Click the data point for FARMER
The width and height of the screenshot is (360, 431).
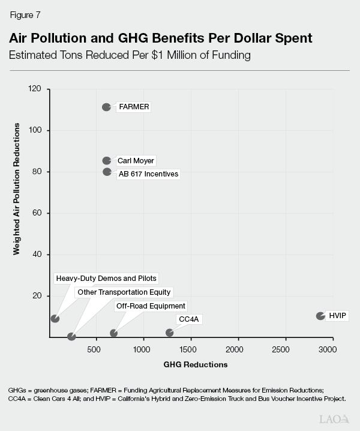point(106,107)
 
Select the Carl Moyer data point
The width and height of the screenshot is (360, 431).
point(106,160)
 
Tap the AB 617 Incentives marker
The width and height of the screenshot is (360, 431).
point(107,172)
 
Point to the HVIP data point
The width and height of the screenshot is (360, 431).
point(320,316)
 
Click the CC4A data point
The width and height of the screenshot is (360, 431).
point(169,333)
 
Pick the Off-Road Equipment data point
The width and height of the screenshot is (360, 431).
point(113,333)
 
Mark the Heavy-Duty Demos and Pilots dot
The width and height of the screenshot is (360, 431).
point(55,319)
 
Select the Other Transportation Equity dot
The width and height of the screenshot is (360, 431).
point(71,337)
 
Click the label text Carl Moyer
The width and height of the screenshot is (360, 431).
point(136,161)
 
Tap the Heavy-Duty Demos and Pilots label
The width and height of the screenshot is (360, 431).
point(106,279)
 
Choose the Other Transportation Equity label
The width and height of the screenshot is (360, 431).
point(124,292)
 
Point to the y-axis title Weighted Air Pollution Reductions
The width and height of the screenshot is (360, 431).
point(17,189)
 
